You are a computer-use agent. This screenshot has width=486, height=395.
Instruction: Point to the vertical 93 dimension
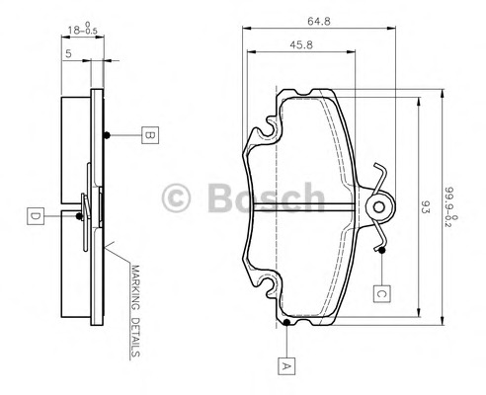(426, 207)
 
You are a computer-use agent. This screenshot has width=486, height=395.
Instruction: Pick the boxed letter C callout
(380, 291)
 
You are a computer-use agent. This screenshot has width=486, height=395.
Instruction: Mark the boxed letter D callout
(34, 214)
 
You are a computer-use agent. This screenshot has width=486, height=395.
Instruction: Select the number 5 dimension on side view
(66, 55)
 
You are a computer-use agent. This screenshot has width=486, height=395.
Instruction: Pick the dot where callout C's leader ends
(380, 250)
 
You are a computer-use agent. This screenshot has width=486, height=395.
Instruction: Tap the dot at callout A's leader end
(286, 323)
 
